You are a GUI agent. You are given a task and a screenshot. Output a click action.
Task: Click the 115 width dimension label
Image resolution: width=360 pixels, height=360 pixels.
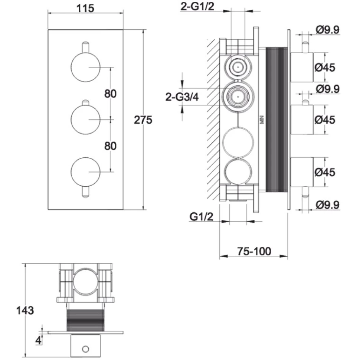(85, 9)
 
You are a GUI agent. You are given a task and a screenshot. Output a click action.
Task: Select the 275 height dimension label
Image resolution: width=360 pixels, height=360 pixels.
(143, 120)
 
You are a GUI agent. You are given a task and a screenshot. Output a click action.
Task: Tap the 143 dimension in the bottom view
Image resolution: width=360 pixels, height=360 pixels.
(25, 310)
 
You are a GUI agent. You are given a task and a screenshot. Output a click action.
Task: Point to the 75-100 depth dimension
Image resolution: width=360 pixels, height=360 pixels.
(254, 251)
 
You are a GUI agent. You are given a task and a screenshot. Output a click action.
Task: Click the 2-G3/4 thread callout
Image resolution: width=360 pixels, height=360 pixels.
(182, 97)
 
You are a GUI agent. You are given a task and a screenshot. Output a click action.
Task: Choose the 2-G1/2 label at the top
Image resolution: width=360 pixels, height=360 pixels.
(197, 6)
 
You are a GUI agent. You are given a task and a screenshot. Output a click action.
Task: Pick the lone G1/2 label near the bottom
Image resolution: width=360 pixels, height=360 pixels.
(202, 216)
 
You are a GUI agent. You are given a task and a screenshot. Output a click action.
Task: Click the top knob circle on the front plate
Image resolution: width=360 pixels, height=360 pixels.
(86, 67)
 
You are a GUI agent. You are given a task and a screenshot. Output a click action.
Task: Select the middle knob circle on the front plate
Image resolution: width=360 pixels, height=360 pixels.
(86, 120)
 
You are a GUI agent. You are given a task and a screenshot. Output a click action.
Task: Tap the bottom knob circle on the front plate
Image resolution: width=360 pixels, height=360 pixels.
(86, 172)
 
